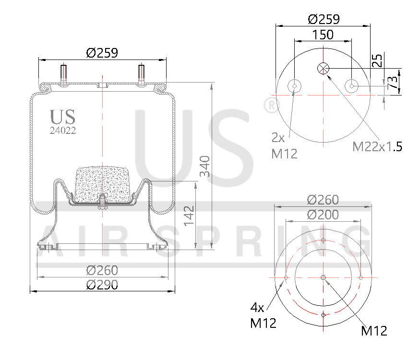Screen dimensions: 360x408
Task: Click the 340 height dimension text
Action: pyautogui.click(x=205, y=166)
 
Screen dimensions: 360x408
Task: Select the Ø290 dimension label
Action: pyautogui.click(x=102, y=285)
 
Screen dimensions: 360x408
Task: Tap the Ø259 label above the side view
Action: pyautogui.click(x=102, y=53)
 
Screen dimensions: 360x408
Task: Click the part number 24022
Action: pyautogui.click(x=62, y=130)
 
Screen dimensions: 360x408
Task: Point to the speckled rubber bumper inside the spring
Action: pyautogui.click(x=103, y=182)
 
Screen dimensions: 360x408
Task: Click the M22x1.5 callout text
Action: pyautogui.click(x=377, y=147)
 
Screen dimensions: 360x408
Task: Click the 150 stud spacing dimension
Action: pyautogui.click(x=323, y=35)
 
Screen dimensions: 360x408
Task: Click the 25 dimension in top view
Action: pyautogui.click(x=378, y=60)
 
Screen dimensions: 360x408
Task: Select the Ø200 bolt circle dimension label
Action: pyautogui.click(x=323, y=215)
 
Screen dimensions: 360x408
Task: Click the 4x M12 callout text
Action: pyautogui.click(x=264, y=315)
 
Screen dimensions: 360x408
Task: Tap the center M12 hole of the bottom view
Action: pyautogui.click(x=323, y=277)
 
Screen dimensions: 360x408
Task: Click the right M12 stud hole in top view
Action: pyautogui.click(x=352, y=86)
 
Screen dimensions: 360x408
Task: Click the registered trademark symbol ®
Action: pyautogui.click(x=272, y=105)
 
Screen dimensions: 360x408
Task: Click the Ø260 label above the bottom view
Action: pyautogui.click(x=323, y=200)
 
